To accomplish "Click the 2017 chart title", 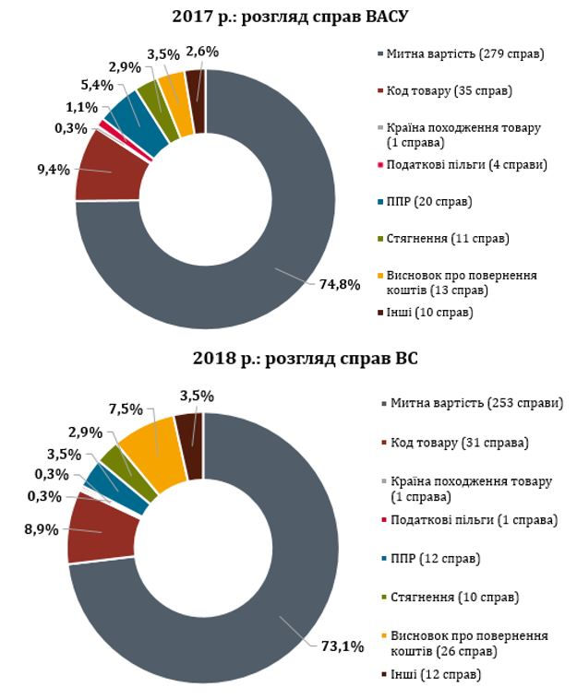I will [x=290, y=15].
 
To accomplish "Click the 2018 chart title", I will [x=290, y=358].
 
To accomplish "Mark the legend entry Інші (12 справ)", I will [x=433, y=675].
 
